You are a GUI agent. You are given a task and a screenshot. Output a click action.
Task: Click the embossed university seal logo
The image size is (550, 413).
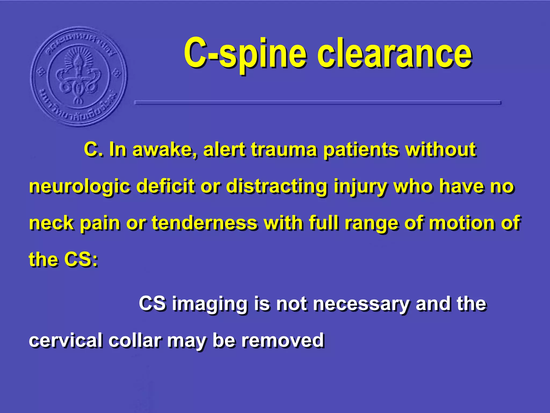click(78, 77)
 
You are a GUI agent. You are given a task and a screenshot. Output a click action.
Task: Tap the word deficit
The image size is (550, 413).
click(165, 186)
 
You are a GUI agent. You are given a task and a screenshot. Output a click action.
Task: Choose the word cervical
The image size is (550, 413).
click(66, 340)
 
